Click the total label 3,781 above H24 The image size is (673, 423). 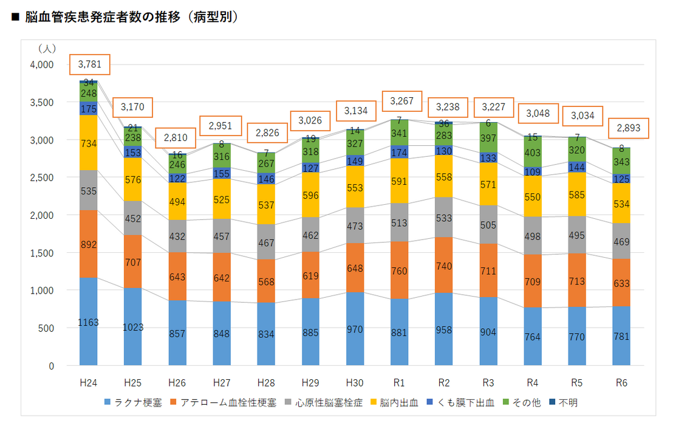(x=89, y=63)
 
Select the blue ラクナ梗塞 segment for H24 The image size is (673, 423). (x=89, y=322)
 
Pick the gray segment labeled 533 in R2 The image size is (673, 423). (x=444, y=217)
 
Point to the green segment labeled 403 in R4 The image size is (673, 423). (x=533, y=152)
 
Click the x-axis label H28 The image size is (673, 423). (x=266, y=383)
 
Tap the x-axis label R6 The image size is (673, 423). (x=621, y=383)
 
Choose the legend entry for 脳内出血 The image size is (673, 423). (x=398, y=403)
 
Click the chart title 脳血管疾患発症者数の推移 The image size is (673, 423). (x=103, y=18)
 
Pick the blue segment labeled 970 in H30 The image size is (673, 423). (x=355, y=329)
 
